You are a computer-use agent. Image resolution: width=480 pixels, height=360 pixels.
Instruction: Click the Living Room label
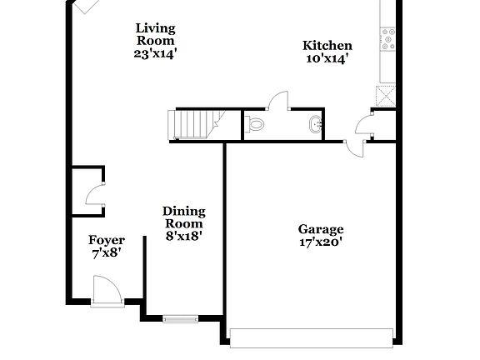pyautogui.click(x=156, y=34)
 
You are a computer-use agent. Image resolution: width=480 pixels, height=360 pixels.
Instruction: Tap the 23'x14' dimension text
pyautogui.click(x=156, y=52)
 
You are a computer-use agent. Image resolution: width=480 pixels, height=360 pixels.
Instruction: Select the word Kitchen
pyautogui.click(x=327, y=46)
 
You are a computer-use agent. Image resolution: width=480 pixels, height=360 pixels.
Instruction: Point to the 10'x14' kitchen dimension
pyautogui.click(x=327, y=59)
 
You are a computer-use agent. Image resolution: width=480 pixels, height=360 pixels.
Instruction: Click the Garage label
pyautogui.click(x=321, y=229)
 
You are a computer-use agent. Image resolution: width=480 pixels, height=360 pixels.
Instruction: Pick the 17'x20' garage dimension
pyautogui.click(x=321, y=243)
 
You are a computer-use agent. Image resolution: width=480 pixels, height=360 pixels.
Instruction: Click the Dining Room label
pyautogui.click(x=183, y=217)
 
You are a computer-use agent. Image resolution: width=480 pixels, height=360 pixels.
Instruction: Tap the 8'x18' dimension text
pyautogui.click(x=183, y=236)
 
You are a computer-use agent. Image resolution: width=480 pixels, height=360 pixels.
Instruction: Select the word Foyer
pyautogui.click(x=107, y=240)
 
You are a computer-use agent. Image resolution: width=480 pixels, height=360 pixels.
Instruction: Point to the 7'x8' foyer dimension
pyautogui.click(x=107, y=253)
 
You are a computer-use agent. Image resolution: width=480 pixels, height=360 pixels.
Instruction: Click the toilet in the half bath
pyautogui.click(x=257, y=125)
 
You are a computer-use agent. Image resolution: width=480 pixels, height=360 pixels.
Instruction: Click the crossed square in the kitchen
pyautogui.click(x=386, y=95)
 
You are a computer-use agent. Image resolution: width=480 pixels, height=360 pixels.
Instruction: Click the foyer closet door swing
pyautogui.click(x=94, y=196)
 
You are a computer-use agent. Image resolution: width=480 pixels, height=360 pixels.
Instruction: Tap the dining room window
pyautogui.click(x=180, y=317)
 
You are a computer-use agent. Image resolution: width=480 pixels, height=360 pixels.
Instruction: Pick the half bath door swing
pyautogui.click(x=278, y=102)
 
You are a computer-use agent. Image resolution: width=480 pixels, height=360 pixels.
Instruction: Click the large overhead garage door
pyautogui.click(x=311, y=337)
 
